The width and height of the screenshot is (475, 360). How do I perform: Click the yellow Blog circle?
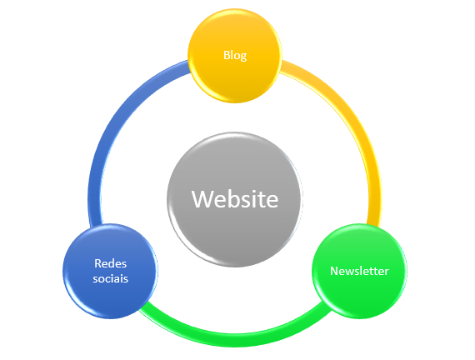pyautogui.click(x=235, y=56)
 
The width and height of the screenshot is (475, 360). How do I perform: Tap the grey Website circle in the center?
pyautogui.click(x=235, y=199)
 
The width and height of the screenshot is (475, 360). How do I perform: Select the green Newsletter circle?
pyautogui.click(x=359, y=271)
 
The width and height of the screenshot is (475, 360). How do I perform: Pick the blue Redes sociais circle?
pyautogui.click(x=110, y=271)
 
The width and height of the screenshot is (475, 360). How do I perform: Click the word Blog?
pyautogui.click(x=235, y=56)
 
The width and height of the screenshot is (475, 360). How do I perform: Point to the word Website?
pyautogui.click(x=235, y=199)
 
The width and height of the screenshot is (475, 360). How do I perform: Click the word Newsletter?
pyautogui.click(x=359, y=271)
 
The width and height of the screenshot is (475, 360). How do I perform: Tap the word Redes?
pyautogui.click(x=110, y=263)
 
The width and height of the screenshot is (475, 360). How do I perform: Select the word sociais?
pyautogui.click(x=110, y=278)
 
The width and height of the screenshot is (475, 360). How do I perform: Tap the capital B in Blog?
pyautogui.click(x=227, y=55)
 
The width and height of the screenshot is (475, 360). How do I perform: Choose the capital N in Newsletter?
pyautogui.click(x=334, y=271)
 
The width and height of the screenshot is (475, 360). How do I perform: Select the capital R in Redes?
pyautogui.click(x=97, y=263)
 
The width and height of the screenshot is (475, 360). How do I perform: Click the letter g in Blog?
pyautogui.click(x=243, y=57)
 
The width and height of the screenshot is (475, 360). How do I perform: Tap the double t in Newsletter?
pyautogui.click(x=372, y=271)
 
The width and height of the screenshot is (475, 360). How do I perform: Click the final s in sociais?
pyautogui.click(x=126, y=280)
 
